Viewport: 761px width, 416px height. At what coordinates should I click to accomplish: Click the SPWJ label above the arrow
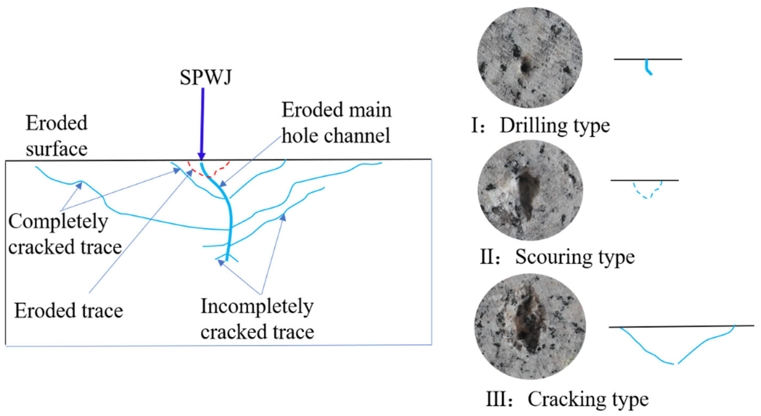(x=206, y=78)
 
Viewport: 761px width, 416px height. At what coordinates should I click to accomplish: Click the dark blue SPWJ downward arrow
(x=202, y=124)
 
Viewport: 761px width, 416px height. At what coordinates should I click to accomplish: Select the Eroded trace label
(x=69, y=311)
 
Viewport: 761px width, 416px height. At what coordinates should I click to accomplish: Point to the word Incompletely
(x=257, y=307)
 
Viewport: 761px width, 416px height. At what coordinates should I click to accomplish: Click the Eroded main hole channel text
(x=336, y=123)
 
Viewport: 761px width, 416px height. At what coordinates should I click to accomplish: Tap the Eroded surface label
(x=57, y=136)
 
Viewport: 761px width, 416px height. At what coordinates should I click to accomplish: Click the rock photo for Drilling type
(x=530, y=58)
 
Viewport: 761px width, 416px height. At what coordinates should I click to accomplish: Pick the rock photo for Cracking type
(x=530, y=326)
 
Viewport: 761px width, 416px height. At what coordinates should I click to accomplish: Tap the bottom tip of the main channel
(x=227, y=259)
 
